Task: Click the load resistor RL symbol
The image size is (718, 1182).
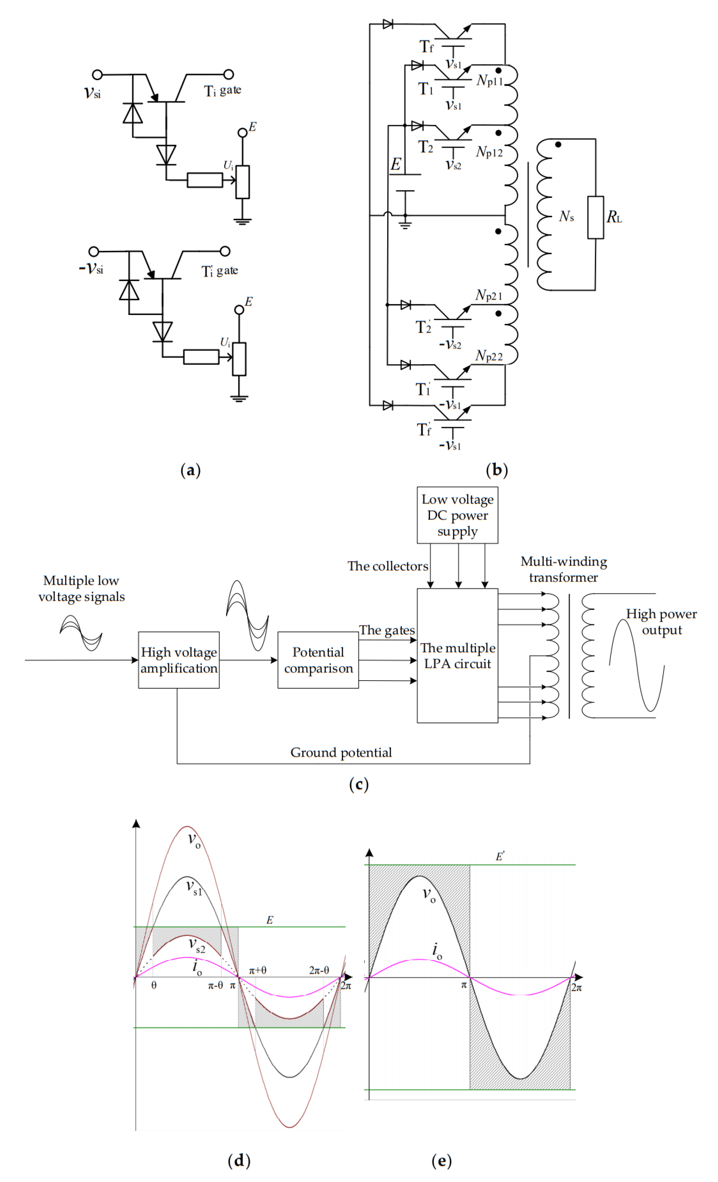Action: pos(595,217)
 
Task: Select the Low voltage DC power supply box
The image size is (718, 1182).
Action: pos(457,515)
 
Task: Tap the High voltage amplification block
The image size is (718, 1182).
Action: pos(179,660)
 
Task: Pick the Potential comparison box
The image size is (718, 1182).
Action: pos(318,660)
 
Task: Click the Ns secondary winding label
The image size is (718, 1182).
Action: pos(566,217)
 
